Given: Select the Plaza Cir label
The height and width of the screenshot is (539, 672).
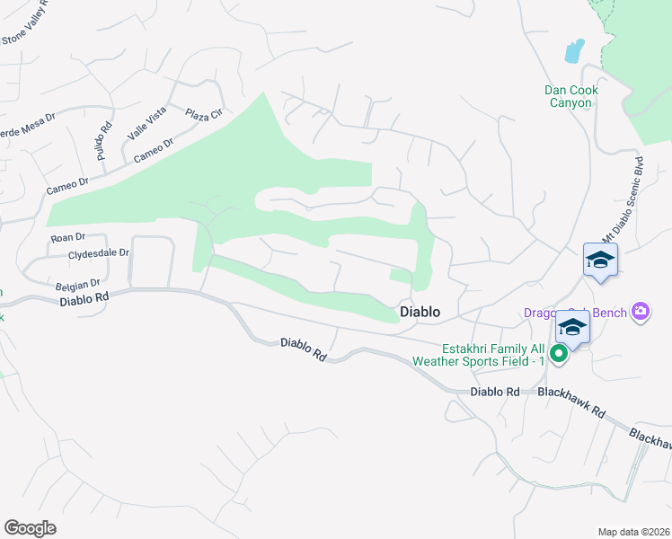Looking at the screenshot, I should (x=203, y=116).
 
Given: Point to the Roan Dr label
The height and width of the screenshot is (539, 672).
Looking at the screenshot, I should (x=67, y=237).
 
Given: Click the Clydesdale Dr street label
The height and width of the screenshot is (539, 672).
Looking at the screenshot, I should (x=99, y=254).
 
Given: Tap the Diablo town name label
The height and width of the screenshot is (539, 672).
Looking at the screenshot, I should (x=420, y=312).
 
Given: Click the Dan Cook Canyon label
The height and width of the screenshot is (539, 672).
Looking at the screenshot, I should (x=570, y=96).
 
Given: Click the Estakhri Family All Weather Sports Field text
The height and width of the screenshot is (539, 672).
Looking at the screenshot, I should (x=493, y=355).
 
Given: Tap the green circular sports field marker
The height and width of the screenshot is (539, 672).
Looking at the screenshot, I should (x=559, y=354).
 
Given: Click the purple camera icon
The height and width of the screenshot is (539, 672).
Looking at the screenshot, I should (x=641, y=312).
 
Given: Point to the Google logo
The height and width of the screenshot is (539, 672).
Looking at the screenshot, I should (x=30, y=528).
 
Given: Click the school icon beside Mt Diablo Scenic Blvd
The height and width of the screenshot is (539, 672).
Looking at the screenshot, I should (x=600, y=261).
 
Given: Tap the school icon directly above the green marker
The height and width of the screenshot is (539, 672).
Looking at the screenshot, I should (x=572, y=327).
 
